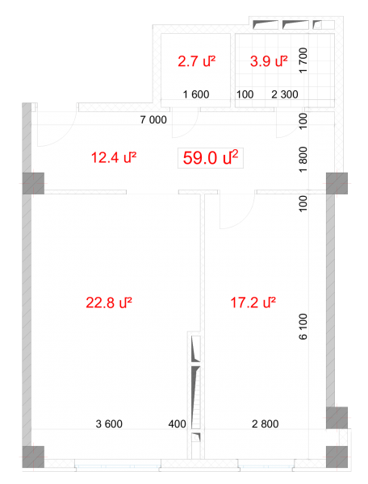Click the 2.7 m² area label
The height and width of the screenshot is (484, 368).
[196, 61]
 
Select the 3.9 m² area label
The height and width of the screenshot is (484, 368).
[269, 61]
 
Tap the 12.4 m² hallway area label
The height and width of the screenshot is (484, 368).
[114, 157]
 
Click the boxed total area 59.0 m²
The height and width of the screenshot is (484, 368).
[211, 158]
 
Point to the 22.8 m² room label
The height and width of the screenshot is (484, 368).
[109, 302]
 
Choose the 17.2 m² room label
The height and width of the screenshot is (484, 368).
[253, 302]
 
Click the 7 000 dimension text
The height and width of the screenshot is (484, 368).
[153, 119]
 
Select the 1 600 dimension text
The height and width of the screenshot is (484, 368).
[196, 94]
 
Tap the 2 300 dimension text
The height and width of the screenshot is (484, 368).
[285, 94]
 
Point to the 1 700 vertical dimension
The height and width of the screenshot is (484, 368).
[303, 60]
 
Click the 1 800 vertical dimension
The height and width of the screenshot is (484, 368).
[303, 159]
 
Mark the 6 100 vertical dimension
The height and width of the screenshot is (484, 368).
[303, 327]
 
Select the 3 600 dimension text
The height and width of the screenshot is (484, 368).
[109, 423]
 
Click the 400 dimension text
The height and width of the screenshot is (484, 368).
[178, 423]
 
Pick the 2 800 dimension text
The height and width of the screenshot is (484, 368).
[266, 423]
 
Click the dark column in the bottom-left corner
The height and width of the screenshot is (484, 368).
[33, 457]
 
